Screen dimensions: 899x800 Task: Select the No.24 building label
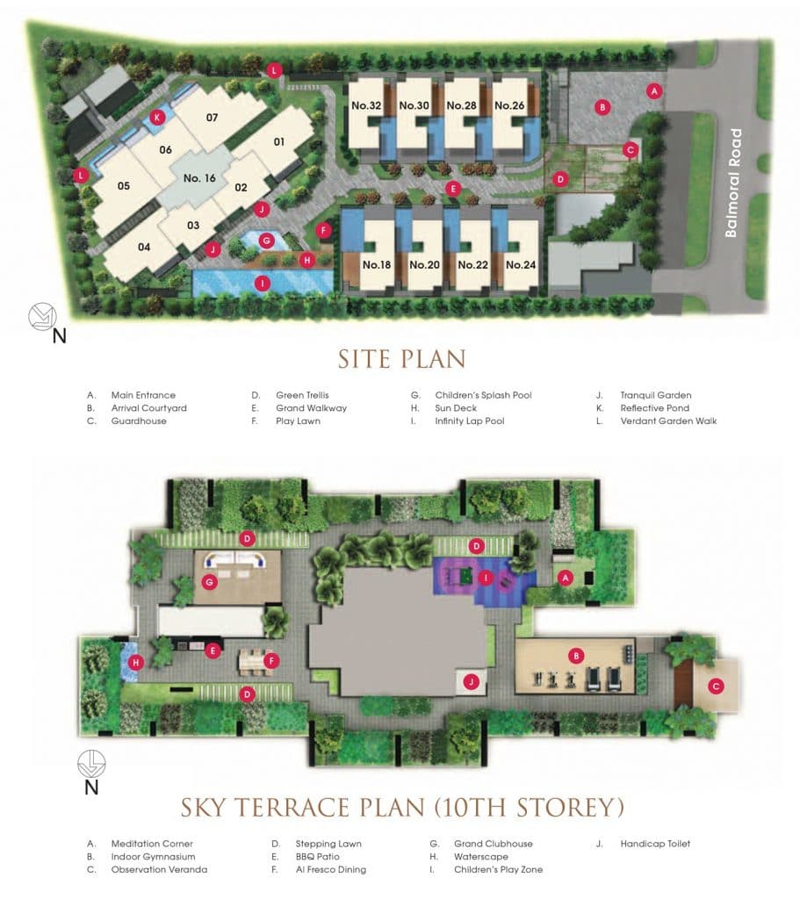point(520,264)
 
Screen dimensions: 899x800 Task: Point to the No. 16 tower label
point(199,178)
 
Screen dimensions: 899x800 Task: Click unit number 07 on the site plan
point(212,118)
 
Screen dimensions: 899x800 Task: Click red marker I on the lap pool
point(261,283)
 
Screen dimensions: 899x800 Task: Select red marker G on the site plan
point(269,238)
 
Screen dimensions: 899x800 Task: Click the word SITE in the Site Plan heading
point(366,360)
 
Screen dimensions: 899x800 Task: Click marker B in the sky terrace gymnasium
point(576,656)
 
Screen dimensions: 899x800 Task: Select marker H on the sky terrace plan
point(135,662)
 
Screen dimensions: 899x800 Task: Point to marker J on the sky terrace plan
point(472,681)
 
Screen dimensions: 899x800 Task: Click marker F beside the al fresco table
point(272,660)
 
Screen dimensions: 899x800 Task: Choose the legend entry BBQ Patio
point(317,857)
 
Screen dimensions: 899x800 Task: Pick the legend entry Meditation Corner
point(151,844)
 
